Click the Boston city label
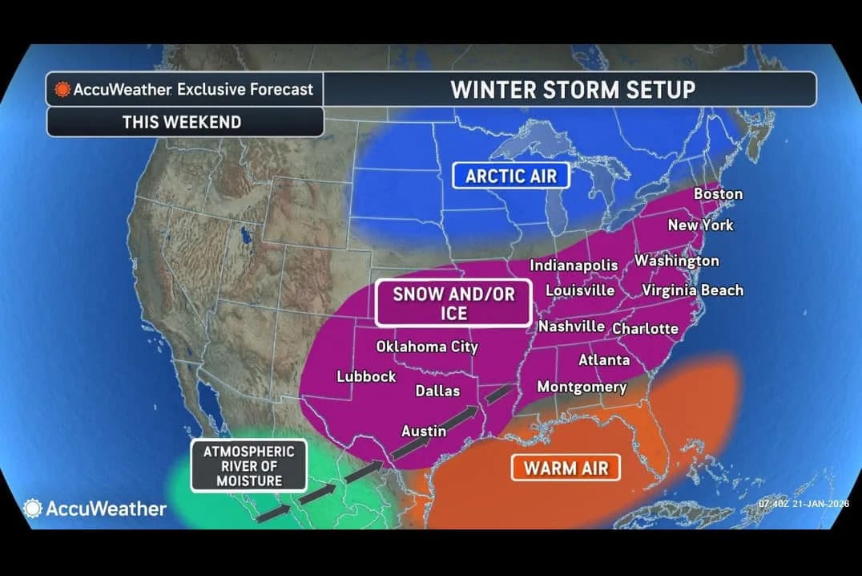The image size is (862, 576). click(x=718, y=194)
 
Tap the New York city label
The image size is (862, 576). click(x=700, y=225)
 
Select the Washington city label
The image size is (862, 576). click(x=677, y=261)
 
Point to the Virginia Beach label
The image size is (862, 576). click(x=692, y=290)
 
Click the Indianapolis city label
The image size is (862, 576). click(x=574, y=266)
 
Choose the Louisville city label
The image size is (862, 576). click(x=580, y=290)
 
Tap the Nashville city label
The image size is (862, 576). click(x=571, y=327)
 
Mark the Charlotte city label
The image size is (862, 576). click(x=645, y=329)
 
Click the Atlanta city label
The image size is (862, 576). click(x=604, y=360)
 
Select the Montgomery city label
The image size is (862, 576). click(x=582, y=387)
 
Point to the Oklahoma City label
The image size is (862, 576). click(x=427, y=347)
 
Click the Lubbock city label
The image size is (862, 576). click(x=366, y=376)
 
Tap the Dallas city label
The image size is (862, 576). click(x=437, y=391)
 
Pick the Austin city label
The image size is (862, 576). click(x=423, y=431)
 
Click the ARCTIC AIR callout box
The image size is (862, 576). click(x=510, y=176)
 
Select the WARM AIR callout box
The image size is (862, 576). click(x=566, y=467)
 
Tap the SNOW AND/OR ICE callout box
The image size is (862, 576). click(x=453, y=303)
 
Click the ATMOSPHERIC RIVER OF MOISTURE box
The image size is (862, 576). click(x=248, y=466)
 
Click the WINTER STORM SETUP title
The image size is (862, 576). click(x=572, y=89)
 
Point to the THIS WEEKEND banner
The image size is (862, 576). click(x=181, y=122)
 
